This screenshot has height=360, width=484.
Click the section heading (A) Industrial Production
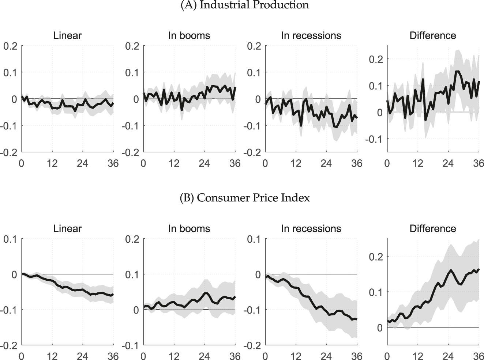245,5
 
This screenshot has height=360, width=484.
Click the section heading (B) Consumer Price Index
245,198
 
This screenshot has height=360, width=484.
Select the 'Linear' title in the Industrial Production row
67,35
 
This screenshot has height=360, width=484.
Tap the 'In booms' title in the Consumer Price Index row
189,228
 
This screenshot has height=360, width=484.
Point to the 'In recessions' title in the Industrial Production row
311,35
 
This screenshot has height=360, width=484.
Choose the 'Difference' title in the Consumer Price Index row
433,228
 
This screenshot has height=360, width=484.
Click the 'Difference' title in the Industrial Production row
433,35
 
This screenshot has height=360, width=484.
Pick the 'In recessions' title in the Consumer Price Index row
311,228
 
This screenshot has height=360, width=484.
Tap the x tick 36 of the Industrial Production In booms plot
235,163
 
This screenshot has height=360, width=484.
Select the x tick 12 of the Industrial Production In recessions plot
296,163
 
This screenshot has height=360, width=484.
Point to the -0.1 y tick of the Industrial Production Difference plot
374,139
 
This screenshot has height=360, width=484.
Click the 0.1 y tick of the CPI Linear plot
11,239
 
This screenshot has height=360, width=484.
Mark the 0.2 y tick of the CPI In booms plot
132,239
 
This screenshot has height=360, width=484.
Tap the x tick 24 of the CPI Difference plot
448,356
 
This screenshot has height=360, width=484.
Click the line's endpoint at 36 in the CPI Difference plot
479,269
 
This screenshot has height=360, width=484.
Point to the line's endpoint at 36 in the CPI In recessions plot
357,319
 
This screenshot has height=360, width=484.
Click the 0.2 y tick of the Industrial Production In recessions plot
254,46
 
